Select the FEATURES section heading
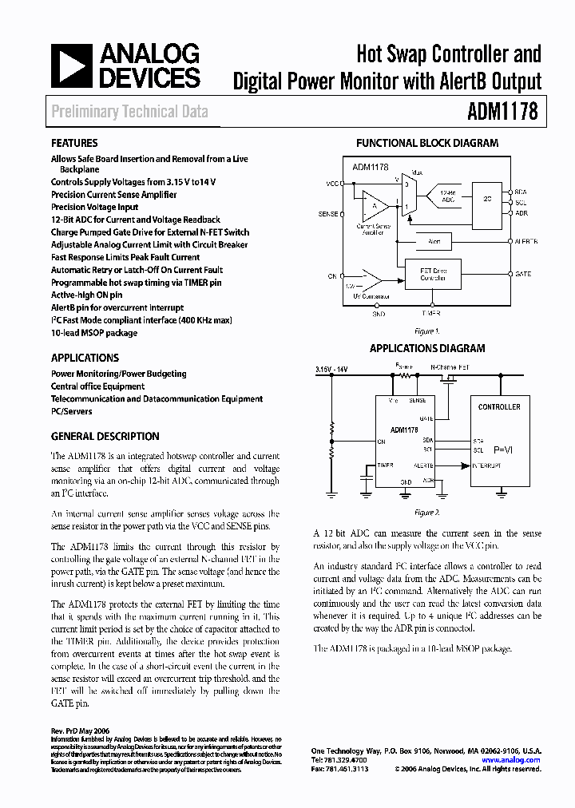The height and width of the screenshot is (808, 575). click(x=74, y=143)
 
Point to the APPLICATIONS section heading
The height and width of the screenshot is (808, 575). click(x=85, y=358)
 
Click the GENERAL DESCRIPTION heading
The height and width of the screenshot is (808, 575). click(x=105, y=437)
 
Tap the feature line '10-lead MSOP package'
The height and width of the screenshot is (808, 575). click(x=94, y=333)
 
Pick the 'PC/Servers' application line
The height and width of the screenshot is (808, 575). click(x=71, y=411)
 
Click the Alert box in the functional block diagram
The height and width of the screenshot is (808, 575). click(x=434, y=240)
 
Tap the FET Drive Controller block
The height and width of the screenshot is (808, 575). click(x=434, y=275)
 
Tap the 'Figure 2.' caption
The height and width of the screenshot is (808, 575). click(x=427, y=512)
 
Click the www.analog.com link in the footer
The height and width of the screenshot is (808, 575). click(x=517, y=760)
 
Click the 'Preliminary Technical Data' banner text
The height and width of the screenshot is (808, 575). click(x=129, y=111)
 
